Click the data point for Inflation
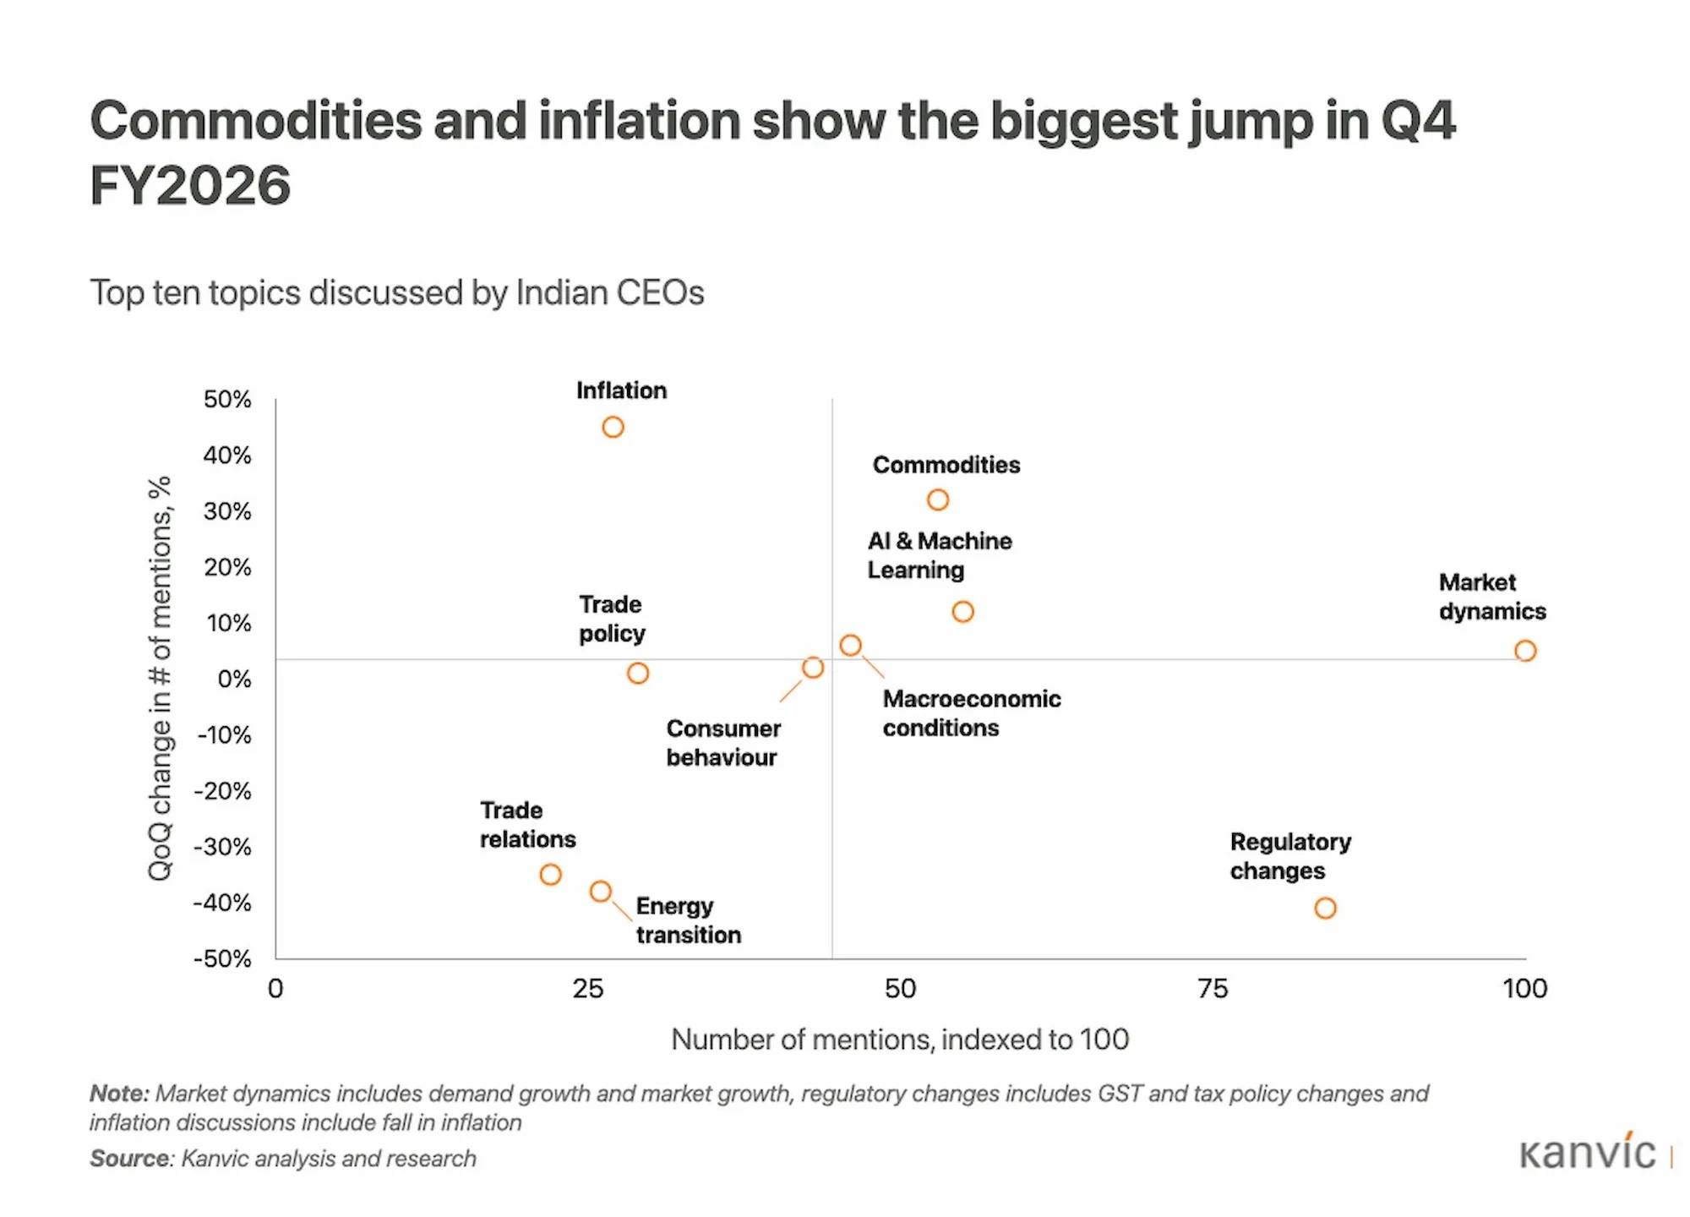(613, 428)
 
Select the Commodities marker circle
(937, 500)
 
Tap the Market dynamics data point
(1524, 651)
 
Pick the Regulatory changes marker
(1324, 909)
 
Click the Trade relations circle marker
(550, 875)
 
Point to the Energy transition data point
(600, 892)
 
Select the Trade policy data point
(638, 674)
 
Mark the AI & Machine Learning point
(962, 612)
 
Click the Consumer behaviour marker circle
(812, 668)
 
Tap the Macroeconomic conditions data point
(850, 646)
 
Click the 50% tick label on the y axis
(227, 400)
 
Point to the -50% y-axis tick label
(223, 959)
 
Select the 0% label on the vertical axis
(234, 679)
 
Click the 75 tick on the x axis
(1213, 989)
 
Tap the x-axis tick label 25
(588, 989)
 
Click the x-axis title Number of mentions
(899, 1040)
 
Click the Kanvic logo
(1588, 1154)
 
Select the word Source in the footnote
(131, 1159)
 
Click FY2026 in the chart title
(190, 186)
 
